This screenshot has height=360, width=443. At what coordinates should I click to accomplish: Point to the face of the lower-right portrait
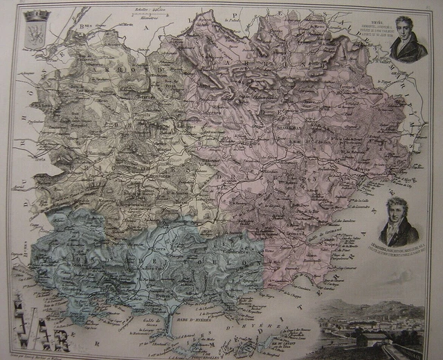pos(397,210)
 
